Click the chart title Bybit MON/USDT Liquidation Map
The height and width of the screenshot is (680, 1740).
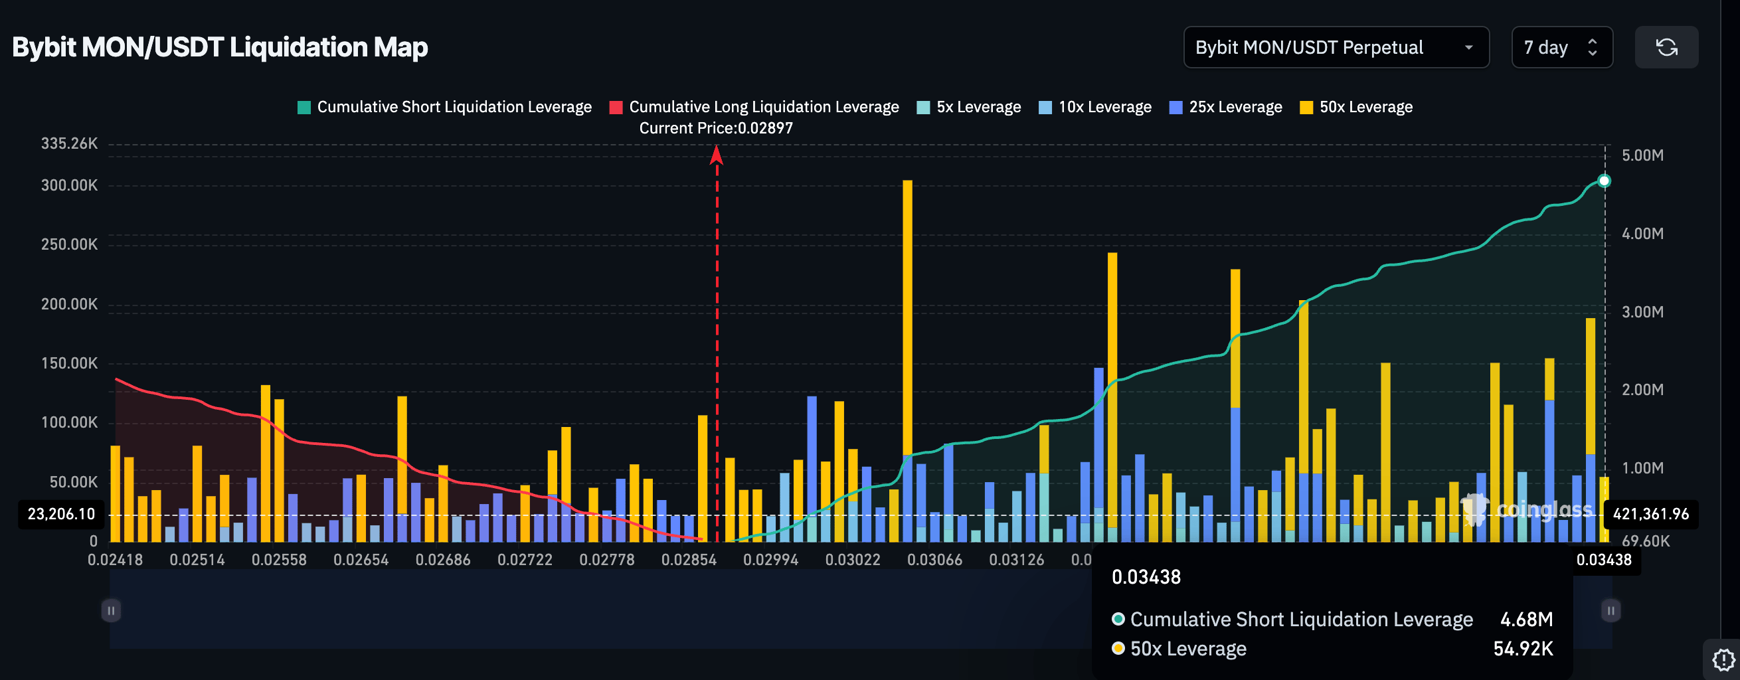(220, 47)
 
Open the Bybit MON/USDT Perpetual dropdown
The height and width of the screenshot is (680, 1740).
(1336, 47)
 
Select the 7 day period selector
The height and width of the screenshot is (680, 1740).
(1561, 47)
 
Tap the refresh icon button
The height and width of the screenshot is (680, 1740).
(1666, 47)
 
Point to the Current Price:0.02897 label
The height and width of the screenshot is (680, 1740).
(716, 127)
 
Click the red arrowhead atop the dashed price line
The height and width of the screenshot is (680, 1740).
(717, 156)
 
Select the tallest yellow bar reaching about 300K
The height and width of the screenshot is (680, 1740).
(907, 317)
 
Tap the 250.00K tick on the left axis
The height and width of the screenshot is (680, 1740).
(69, 244)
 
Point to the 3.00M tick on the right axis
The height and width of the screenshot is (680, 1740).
(1642, 312)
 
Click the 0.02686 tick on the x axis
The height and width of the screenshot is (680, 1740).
(442, 560)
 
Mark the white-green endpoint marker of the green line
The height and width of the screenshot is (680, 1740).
(1605, 181)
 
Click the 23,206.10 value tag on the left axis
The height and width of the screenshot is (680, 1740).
(61, 514)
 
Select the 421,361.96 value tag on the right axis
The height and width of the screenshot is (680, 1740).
(1650, 514)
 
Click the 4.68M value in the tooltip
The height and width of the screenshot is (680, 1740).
(1526, 619)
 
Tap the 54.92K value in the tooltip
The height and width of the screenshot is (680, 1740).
(1522, 649)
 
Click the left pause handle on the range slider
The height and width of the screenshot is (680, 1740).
(111, 610)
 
